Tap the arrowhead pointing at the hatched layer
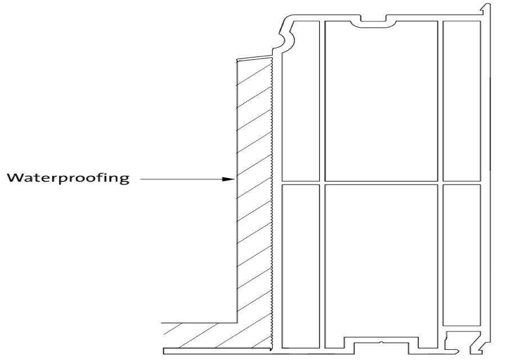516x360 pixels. click(x=229, y=179)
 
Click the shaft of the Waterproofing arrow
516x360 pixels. click(x=180, y=179)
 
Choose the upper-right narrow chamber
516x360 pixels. click(x=461, y=101)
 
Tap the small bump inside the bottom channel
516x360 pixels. click(x=381, y=341)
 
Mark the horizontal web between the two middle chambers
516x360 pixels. click(x=381, y=183)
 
